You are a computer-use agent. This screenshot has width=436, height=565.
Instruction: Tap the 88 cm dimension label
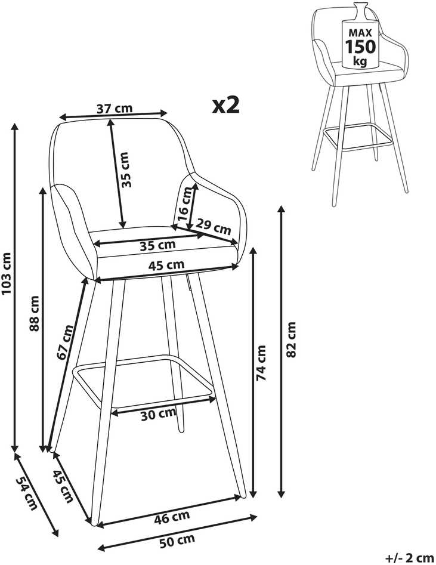coord(34,313)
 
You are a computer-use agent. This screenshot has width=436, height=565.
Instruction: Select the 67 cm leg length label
coord(65,342)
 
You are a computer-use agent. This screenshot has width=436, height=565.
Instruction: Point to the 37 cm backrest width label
coord(115,108)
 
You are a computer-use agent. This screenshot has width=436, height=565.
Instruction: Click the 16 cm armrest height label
coord(185,204)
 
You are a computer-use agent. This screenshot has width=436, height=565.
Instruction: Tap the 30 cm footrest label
coord(158,414)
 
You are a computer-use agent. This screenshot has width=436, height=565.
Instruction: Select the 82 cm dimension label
coord(290,339)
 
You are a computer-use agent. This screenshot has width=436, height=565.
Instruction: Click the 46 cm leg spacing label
coord(172,518)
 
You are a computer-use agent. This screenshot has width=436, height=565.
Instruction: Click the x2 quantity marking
coord(226,105)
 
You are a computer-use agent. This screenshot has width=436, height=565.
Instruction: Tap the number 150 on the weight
coord(360,47)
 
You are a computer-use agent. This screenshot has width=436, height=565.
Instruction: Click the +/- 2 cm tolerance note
coord(409,558)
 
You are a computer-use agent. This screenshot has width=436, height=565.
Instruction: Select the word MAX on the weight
coord(360,33)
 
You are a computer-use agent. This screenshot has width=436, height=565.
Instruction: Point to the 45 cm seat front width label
coord(166,265)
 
